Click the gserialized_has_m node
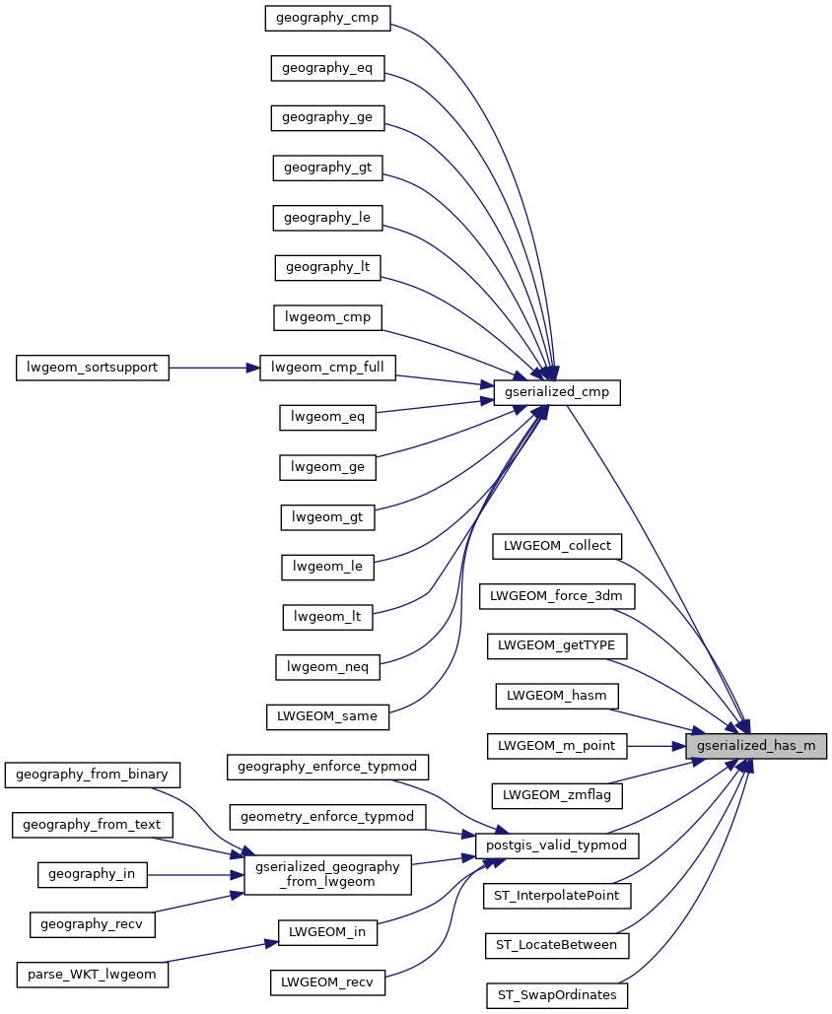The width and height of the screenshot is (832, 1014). coord(755,746)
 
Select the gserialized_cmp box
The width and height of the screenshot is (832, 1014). coord(556,392)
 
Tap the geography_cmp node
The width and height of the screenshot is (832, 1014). coord(328,17)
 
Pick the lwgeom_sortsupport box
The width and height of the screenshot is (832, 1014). coord(94,369)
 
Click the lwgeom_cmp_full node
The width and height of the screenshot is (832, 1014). coord(327,369)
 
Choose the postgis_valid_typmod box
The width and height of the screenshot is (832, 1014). coord(557,845)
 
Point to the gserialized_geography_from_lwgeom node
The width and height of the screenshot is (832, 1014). coord(327,875)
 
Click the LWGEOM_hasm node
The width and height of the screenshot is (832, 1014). coord(556,695)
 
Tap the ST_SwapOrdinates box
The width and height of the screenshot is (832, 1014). coord(556,995)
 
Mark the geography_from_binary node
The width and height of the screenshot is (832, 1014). coord(94,774)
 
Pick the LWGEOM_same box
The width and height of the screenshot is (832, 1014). coord(327,716)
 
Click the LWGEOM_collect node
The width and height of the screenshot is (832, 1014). coord(557,545)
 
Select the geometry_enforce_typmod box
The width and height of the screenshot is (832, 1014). coord(327,816)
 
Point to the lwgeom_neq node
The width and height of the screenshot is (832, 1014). coord(327,667)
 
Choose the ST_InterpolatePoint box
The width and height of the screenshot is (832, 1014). coord(556,895)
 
